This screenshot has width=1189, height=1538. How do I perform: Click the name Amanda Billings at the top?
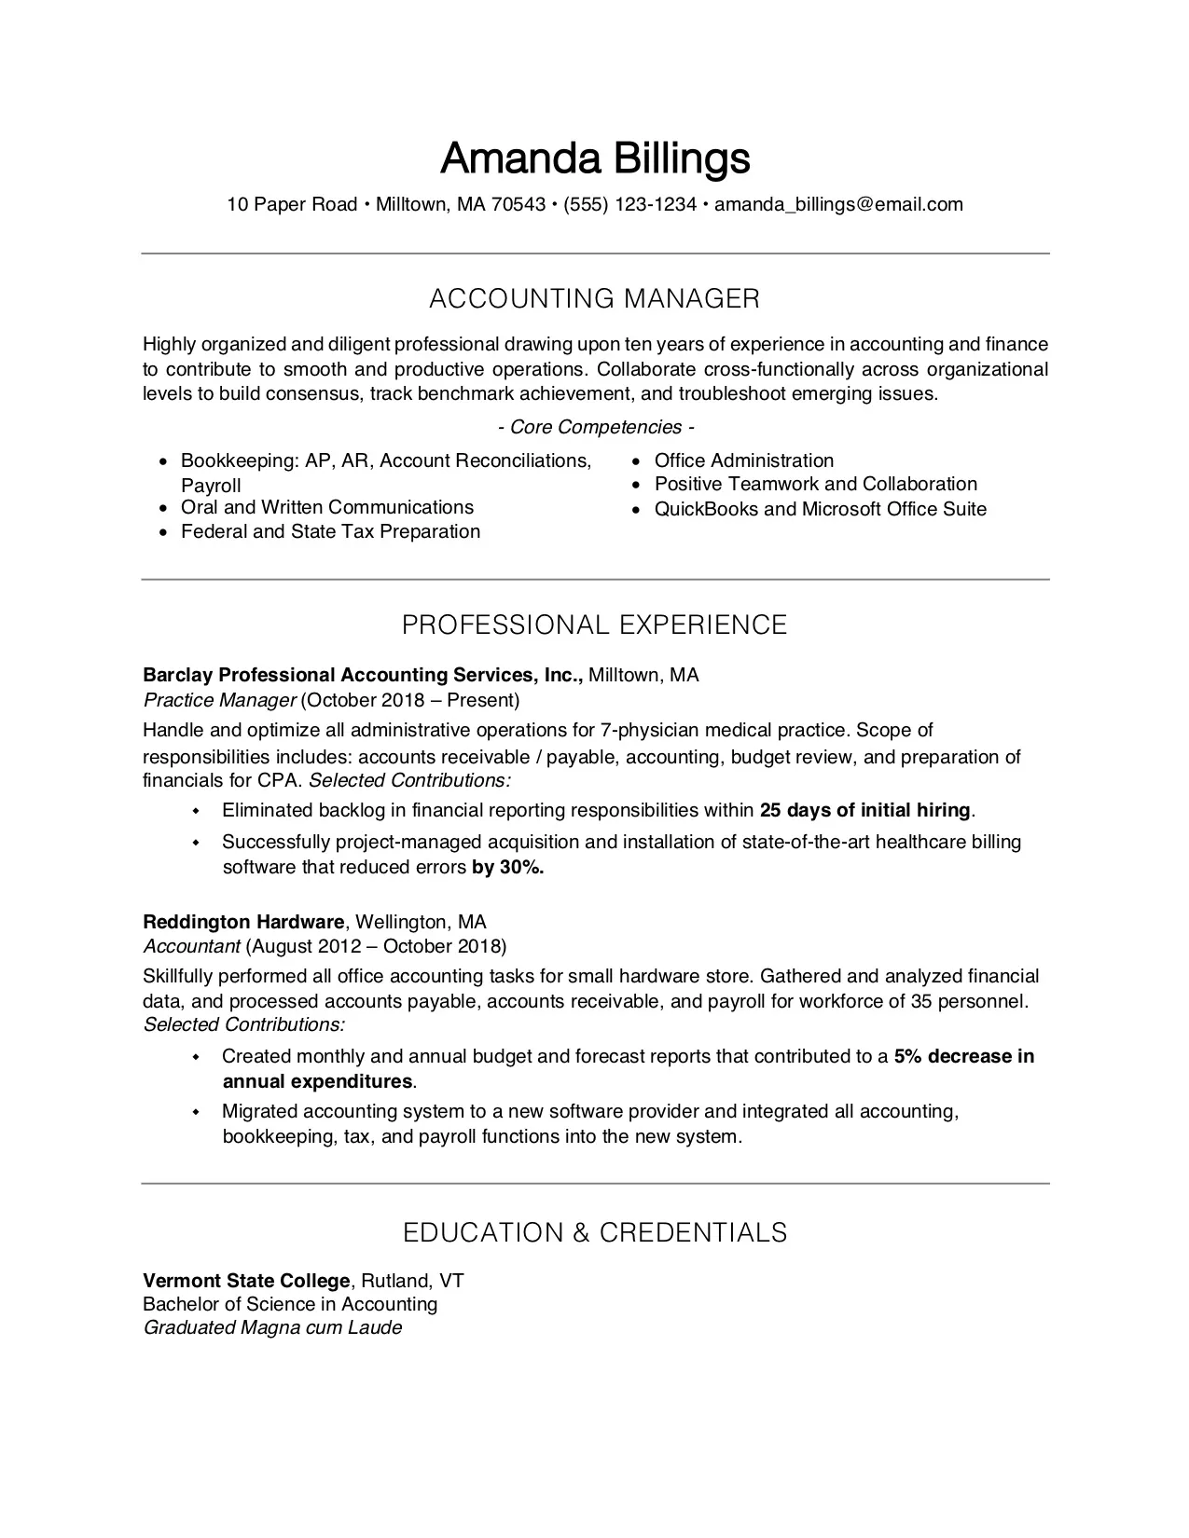pyautogui.click(x=595, y=158)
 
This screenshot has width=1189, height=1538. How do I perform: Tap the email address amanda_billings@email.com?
pyautogui.click(x=838, y=205)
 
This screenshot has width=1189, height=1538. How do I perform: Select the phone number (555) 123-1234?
pyautogui.click(x=629, y=205)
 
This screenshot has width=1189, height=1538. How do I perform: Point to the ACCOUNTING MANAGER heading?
pyautogui.click(x=595, y=299)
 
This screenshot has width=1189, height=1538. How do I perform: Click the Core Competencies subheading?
pyautogui.click(x=596, y=428)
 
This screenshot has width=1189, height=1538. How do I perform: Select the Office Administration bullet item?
pyautogui.click(x=743, y=460)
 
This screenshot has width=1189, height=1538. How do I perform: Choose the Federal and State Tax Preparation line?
pyautogui.click(x=330, y=532)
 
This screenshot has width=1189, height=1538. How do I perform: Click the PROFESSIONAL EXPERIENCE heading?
pyautogui.click(x=595, y=625)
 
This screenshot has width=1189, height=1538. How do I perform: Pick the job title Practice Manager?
pyautogui.click(x=219, y=700)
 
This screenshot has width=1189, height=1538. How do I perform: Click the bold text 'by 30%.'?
pyautogui.click(x=507, y=868)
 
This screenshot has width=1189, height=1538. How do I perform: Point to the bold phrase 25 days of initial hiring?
pyautogui.click(x=865, y=810)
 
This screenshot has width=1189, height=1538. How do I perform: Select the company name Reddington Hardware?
pyautogui.click(x=243, y=922)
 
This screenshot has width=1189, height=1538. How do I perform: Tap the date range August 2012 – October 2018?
pyautogui.click(x=376, y=947)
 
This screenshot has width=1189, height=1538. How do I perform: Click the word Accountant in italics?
pyautogui.click(x=191, y=947)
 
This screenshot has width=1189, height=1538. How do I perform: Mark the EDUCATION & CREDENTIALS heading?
pyautogui.click(x=595, y=1233)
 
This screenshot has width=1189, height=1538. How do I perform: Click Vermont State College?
pyautogui.click(x=246, y=1281)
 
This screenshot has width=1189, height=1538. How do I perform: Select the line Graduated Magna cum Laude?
pyautogui.click(x=272, y=1328)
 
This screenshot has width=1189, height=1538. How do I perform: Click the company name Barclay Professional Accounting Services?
pyautogui.click(x=362, y=675)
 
